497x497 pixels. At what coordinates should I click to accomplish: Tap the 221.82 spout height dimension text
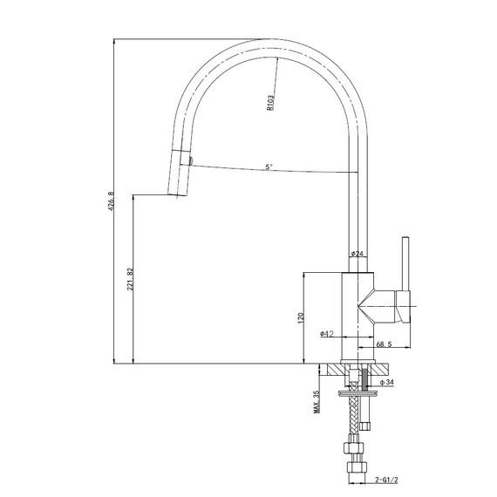pos(129,279)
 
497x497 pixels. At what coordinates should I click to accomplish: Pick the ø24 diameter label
pos(357,254)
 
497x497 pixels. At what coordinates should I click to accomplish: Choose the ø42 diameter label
pos(328,333)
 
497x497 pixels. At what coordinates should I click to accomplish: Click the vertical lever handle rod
pos(405,262)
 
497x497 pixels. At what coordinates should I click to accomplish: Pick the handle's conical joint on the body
pos(377,306)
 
